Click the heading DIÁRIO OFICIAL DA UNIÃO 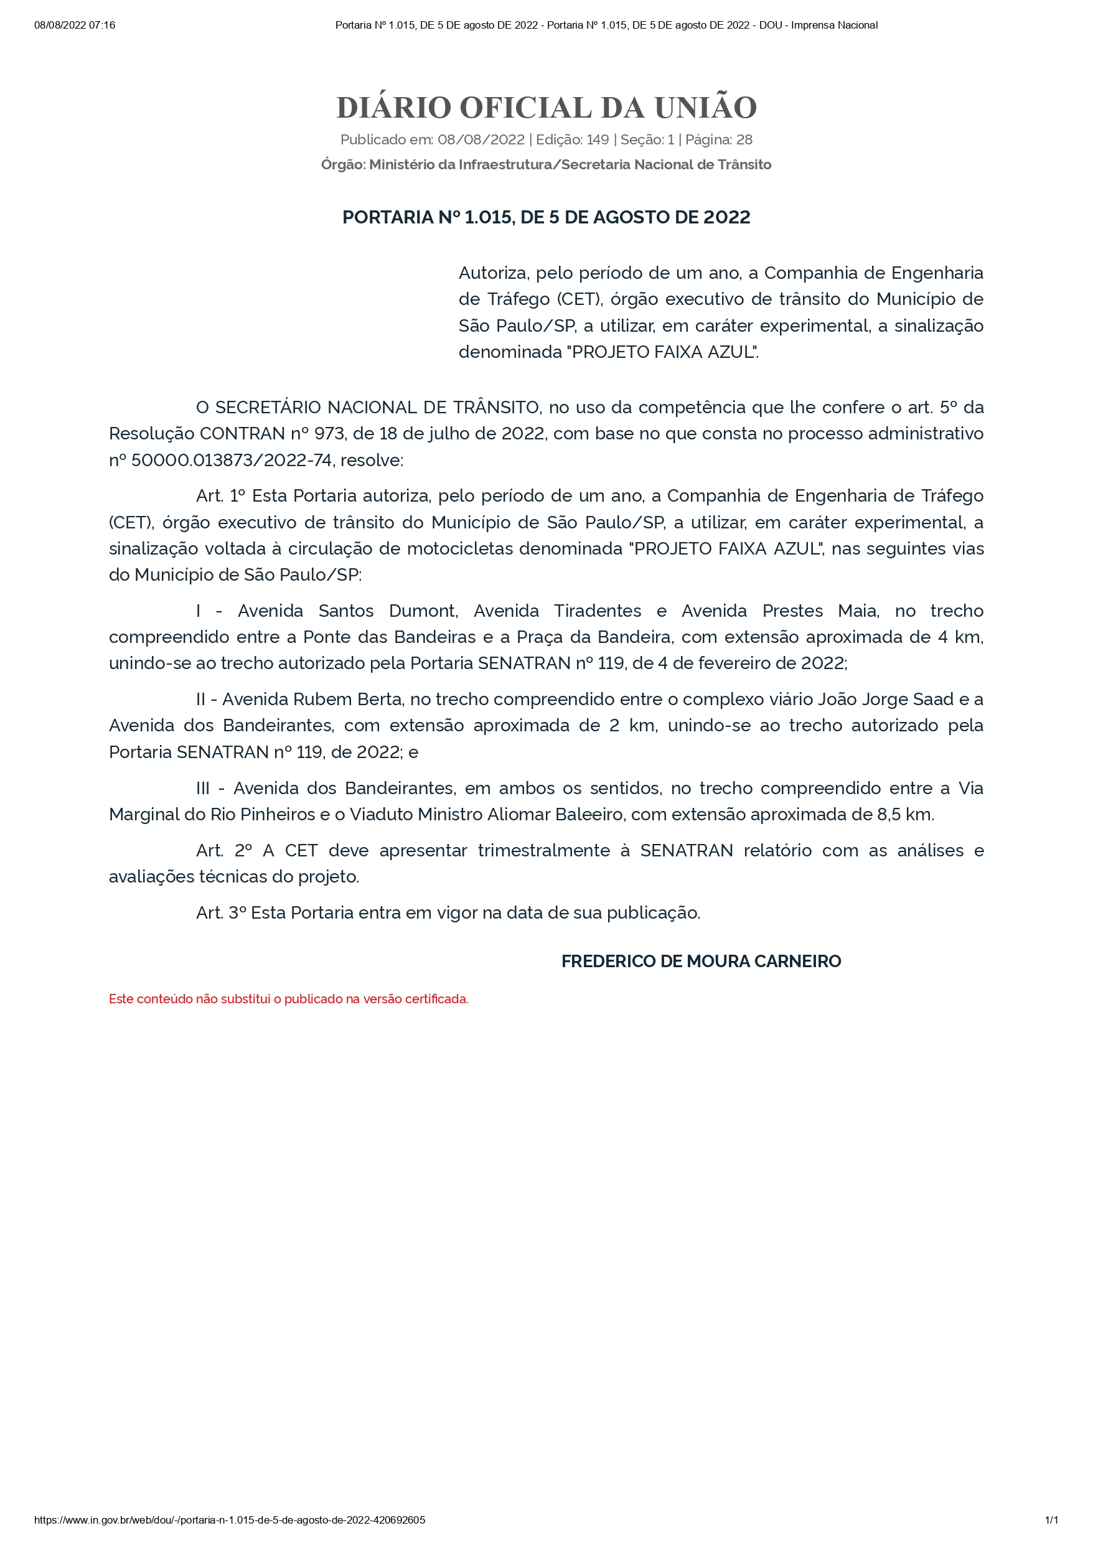tap(546, 108)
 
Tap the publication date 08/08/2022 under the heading tap(481, 140)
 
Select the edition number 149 tap(598, 140)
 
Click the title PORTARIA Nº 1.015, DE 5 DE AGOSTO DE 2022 tap(546, 217)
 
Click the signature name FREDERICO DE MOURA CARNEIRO tap(701, 962)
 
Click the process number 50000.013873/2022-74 tap(232, 461)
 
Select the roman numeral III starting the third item tap(203, 789)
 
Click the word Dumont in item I tap(423, 611)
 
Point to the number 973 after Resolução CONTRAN tap(328, 434)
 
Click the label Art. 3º tap(221, 913)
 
